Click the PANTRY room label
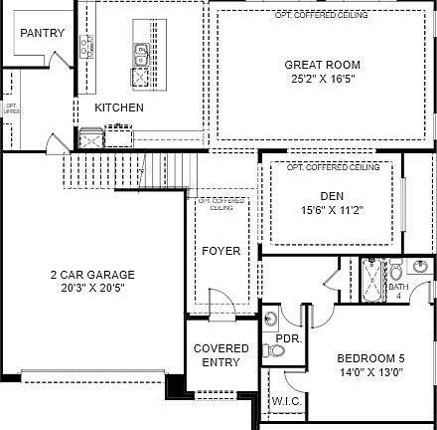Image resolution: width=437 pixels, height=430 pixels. (x=42, y=33)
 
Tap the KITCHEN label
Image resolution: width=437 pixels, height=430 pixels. (x=119, y=107)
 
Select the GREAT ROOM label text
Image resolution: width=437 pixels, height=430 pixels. (x=315, y=65)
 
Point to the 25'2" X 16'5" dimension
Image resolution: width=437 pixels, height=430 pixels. (x=315, y=78)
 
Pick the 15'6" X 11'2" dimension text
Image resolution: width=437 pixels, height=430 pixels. (x=332, y=210)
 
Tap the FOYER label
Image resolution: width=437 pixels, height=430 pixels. (x=220, y=251)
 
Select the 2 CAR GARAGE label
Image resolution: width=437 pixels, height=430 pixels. (x=92, y=275)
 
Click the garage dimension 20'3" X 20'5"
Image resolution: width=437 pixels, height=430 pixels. (x=92, y=288)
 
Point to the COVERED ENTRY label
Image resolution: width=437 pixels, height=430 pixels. (x=220, y=355)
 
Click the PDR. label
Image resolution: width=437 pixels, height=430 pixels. (x=288, y=338)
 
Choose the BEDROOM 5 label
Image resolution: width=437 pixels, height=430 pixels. (x=370, y=359)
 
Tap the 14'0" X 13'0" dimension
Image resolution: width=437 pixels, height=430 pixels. (x=370, y=372)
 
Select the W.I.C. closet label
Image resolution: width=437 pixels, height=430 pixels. (x=286, y=402)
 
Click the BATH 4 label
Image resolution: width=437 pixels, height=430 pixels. (x=398, y=291)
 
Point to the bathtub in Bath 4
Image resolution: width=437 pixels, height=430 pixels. (x=372, y=282)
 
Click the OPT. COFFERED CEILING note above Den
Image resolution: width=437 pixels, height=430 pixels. (x=332, y=167)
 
